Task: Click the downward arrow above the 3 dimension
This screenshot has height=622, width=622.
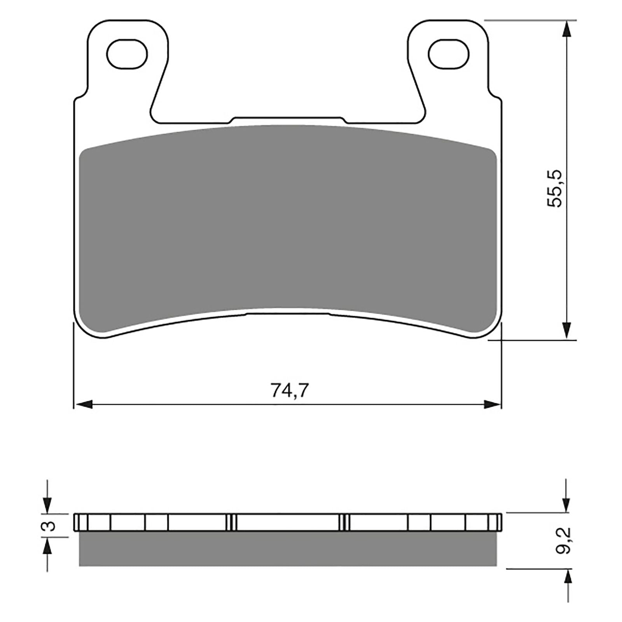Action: pos(47,505)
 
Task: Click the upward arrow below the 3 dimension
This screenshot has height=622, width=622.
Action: pos(47,547)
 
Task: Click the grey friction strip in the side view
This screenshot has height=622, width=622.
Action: pos(288,549)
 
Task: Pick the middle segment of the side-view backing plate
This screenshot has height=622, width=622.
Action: pos(288,522)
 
